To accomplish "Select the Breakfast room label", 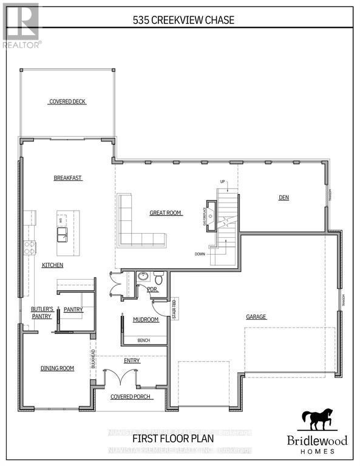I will [68, 178].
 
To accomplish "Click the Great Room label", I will [166, 213].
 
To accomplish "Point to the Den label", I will [284, 197].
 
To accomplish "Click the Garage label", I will [257, 317].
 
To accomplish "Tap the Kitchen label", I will [52, 266].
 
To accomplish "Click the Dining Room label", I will [57, 368].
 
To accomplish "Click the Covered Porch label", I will [131, 397].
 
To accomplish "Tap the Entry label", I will [132, 360].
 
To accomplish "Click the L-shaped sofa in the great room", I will [137, 226].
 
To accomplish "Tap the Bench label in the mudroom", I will [144, 340].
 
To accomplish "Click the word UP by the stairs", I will [222, 182].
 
